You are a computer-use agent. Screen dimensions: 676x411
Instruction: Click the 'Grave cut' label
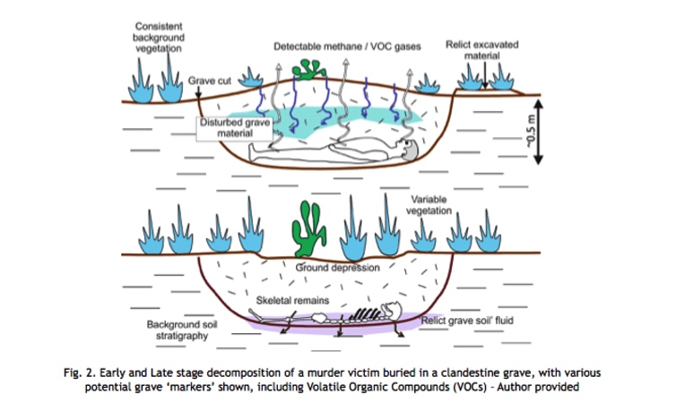click(x=210, y=81)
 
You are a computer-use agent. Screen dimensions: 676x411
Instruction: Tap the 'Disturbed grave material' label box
click(x=235, y=128)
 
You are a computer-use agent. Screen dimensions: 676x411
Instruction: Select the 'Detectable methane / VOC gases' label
click(x=347, y=47)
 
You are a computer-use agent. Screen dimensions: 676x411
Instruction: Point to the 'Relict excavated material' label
click(x=482, y=50)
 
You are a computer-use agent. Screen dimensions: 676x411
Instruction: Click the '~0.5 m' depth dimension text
click(x=531, y=132)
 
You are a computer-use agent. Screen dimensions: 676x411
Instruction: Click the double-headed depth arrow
click(x=539, y=132)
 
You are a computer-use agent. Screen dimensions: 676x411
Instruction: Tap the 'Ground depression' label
click(x=338, y=268)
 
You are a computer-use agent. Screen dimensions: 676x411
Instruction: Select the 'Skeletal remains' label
click(x=292, y=300)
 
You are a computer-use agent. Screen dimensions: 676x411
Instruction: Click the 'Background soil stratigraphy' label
click(x=182, y=330)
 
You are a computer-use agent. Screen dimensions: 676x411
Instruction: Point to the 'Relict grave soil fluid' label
click(x=467, y=321)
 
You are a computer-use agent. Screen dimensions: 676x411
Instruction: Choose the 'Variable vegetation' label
click(x=429, y=205)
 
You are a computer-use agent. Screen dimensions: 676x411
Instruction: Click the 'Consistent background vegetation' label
click(x=159, y=37)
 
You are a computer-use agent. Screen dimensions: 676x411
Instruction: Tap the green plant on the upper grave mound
click(x=308, y=70)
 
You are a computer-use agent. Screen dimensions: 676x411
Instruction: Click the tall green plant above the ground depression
click(x=308, y=229)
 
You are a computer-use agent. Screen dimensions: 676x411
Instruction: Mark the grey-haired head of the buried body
click(x=410, y=150)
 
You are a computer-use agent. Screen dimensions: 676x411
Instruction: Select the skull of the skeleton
click(x=393, y=311)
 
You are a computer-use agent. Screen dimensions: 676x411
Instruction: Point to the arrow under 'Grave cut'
click(x=198, y=91)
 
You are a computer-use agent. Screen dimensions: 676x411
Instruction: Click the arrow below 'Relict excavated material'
click(x=485, y=75)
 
